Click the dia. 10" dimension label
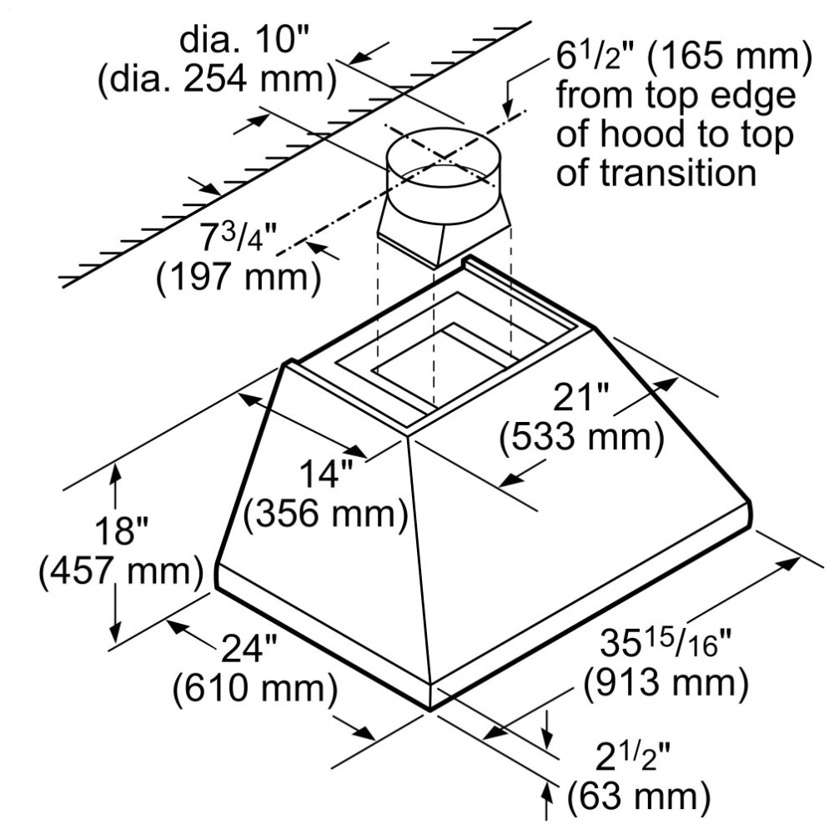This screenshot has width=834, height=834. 244,39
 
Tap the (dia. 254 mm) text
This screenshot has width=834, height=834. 217,80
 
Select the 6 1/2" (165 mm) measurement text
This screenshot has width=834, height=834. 685,57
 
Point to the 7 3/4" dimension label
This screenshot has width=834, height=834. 239,237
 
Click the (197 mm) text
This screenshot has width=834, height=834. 239,278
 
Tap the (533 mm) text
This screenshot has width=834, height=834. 581,438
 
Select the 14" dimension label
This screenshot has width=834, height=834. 326,474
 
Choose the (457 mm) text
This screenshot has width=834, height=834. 121,571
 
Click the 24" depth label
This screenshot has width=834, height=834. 249,648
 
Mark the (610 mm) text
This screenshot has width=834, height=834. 254,688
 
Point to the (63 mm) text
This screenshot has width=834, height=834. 639,796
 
